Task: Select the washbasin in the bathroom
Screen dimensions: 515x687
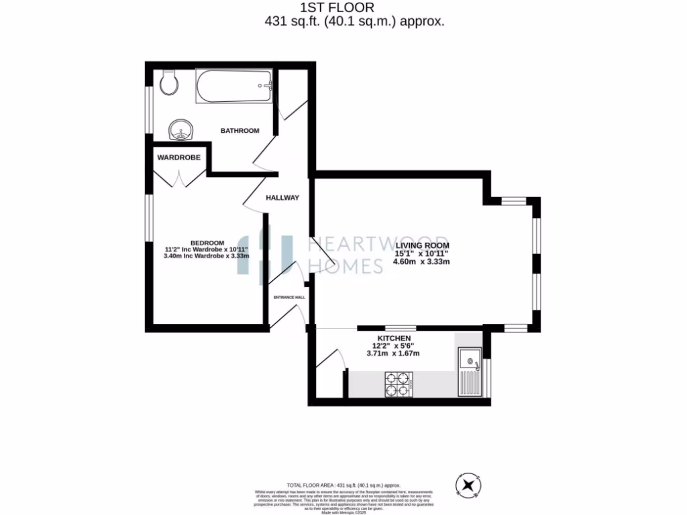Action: click(x=179, y=130)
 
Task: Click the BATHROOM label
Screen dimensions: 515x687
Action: click(x=240, y=131)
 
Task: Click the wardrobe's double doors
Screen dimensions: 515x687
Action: click(x=179, y=178)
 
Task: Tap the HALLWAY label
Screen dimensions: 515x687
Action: click(x=282, y=198)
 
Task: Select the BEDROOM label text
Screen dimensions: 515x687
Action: click(x=207, y=243)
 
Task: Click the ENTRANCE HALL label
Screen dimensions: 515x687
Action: click(x=288, y=297)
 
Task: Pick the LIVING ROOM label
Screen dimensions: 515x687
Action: click(x=422, y=245)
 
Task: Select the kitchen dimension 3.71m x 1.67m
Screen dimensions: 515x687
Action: click(x=392, y=353)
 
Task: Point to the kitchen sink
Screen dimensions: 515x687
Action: click(x=470, y=372)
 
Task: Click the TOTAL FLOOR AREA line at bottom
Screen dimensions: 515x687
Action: click(x=343, y=484)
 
